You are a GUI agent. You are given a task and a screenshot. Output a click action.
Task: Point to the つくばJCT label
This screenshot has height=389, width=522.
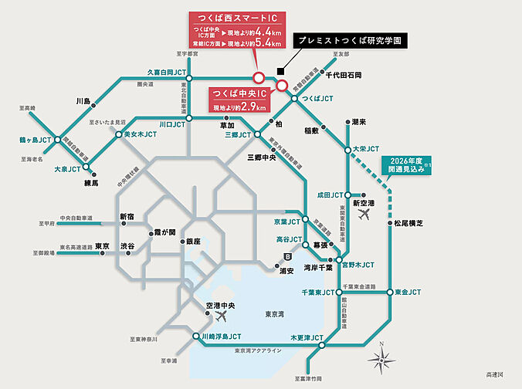click(x=317, y=100)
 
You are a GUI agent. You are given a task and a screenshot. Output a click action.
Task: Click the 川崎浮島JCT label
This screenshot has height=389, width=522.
click(x=221, y=337)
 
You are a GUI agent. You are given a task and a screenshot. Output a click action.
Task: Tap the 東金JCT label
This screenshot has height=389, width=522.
click(x=407, y=293)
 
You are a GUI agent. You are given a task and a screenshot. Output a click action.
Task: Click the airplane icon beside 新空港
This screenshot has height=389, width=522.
click(x=364, y=215)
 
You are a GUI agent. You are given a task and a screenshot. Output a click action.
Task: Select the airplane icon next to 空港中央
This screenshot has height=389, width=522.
click(x=225, y=316)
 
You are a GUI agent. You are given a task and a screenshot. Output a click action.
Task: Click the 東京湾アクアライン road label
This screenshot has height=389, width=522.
click(x=259, y=351)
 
